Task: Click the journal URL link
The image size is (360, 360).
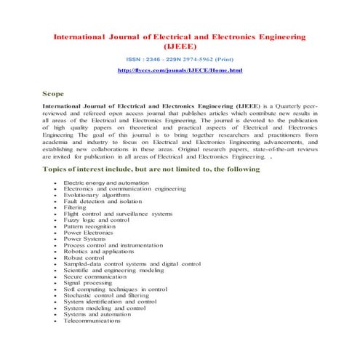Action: pos(180,70)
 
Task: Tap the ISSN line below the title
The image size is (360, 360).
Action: pos(180,57)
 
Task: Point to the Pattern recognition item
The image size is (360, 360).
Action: pos(89,227)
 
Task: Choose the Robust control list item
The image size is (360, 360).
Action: pos(84,258)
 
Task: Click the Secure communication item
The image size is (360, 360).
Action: pos(95,276)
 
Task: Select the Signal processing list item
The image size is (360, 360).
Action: pos(87,283)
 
